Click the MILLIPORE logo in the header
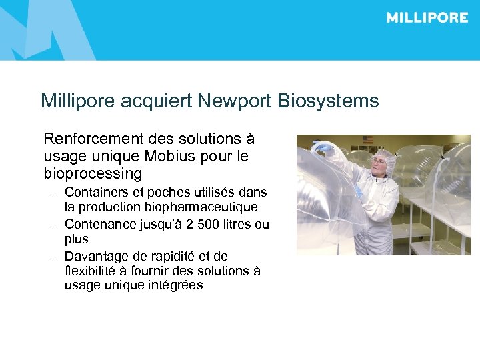(427, 18)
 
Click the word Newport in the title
(239, 101)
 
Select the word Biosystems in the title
(329, 101)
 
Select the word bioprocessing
(93, 174)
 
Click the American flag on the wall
(368, 140)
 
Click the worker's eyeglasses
(381, 165)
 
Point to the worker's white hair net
(384, 155)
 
